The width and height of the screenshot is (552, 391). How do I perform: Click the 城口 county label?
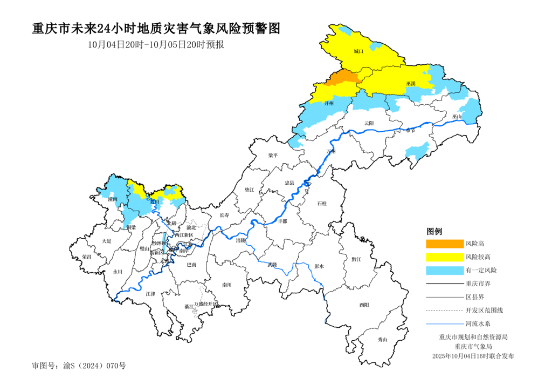358,51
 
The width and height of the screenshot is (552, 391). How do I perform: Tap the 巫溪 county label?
411,84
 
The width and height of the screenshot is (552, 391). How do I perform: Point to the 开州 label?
329,103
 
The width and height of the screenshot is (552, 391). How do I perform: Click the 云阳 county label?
369,123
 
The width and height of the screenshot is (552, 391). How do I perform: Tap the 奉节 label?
411,130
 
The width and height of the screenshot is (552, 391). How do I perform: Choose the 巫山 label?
457,116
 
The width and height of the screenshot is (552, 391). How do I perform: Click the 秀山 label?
382,339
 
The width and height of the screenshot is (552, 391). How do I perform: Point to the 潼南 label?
113,199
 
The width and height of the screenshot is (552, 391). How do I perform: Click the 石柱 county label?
322,204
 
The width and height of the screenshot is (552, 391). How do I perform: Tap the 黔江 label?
356,259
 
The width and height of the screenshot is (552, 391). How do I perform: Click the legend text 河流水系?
478,323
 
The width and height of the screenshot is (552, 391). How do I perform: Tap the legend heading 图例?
434,231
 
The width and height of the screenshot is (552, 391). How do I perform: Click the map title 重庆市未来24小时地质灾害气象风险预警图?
156,29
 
